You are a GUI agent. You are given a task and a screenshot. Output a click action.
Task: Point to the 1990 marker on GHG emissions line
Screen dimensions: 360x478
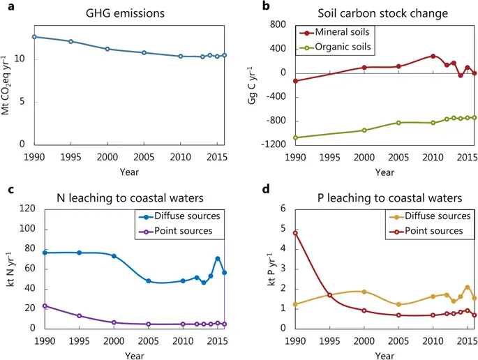[x=34, y=36]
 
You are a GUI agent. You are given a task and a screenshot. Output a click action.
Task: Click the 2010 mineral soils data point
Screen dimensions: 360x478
[x=433, y=56]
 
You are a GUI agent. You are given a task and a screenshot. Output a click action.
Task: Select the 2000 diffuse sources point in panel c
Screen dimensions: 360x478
[x=114, y=256]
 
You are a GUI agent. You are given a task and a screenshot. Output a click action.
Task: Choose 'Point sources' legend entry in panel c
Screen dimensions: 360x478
[x=181, y=231]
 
